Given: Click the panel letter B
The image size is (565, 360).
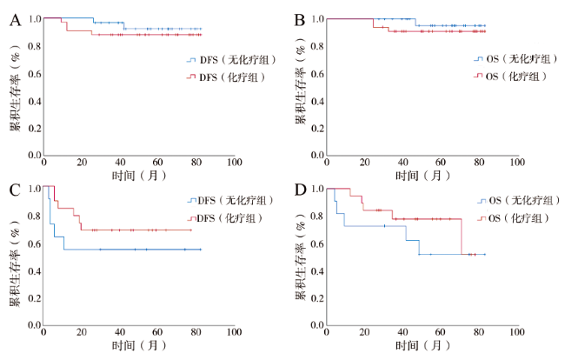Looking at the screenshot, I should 300,19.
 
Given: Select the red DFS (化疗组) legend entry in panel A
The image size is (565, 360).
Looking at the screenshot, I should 224,78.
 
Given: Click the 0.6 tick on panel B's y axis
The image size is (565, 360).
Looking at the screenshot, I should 316,73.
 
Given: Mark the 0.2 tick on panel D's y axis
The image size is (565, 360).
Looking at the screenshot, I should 316,297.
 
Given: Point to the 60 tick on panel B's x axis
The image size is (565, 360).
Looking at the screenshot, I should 442,163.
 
